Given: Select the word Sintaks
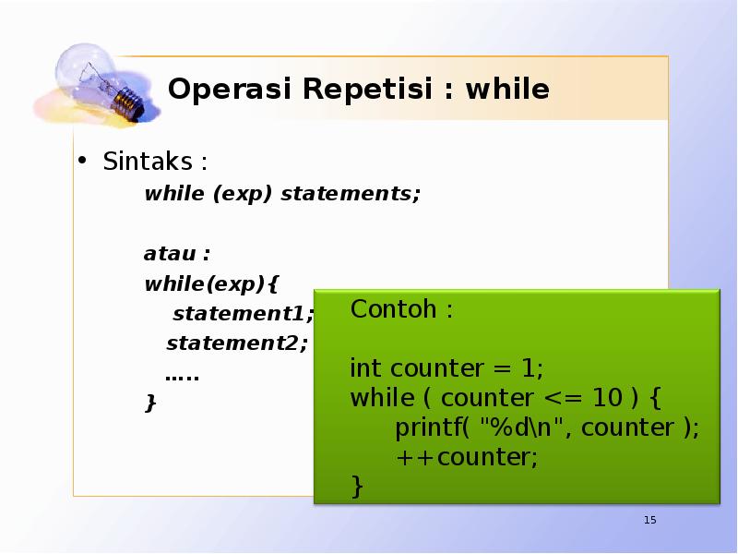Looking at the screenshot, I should tap(148, 162).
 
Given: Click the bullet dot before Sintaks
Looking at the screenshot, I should tap(81, 161).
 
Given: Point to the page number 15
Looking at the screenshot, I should tap(649, 521).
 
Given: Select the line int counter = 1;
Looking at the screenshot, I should tap(446, 368).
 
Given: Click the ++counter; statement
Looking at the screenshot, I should tap(466, 457).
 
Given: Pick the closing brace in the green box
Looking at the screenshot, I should tap(357, 486).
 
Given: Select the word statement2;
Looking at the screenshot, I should tap(237, 343).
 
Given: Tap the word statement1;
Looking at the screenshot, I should tap(243, 313).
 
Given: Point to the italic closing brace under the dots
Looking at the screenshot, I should tap(150, 403).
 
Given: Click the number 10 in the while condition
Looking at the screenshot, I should tap(607, 398).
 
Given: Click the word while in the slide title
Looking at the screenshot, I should tap(507, 90).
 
